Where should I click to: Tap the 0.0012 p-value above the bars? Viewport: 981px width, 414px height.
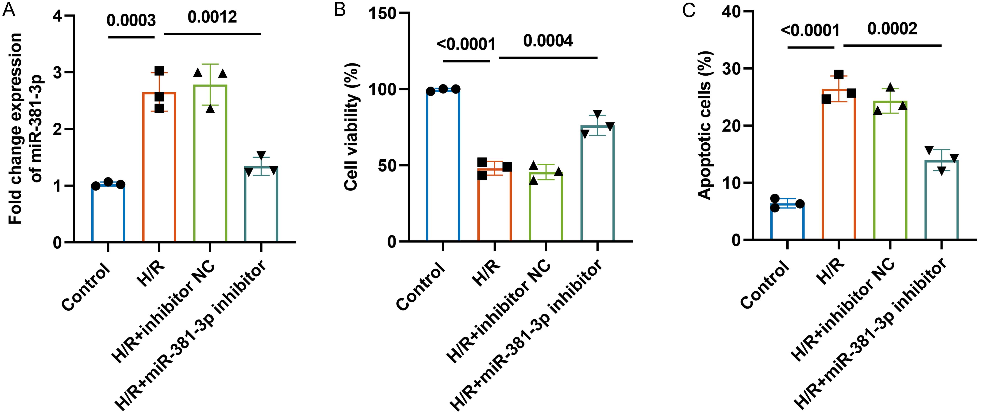pos(212,17)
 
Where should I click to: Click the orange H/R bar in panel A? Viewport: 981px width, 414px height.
pos(159,168)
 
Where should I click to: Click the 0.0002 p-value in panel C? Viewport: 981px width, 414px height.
pos(892,29)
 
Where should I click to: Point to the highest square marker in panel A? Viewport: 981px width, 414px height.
pos(159,71)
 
